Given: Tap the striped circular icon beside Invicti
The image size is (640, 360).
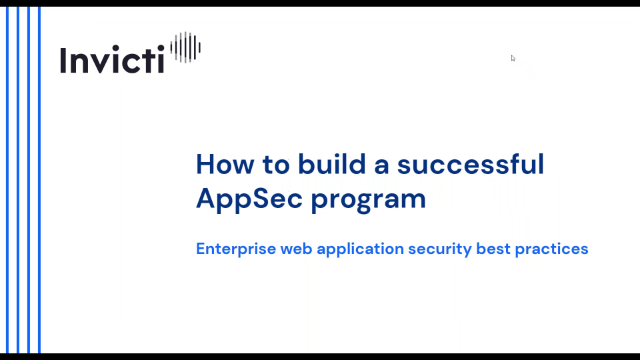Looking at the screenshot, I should click(186, 47).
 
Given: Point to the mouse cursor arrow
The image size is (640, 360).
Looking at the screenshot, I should click(513, 58).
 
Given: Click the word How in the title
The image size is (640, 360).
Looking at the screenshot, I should click(221, 164).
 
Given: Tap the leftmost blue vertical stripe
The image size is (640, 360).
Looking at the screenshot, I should click(8, 180).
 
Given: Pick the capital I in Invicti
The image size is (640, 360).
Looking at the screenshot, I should click(63, 59).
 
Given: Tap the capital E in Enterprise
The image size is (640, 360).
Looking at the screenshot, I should click(200, 249).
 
